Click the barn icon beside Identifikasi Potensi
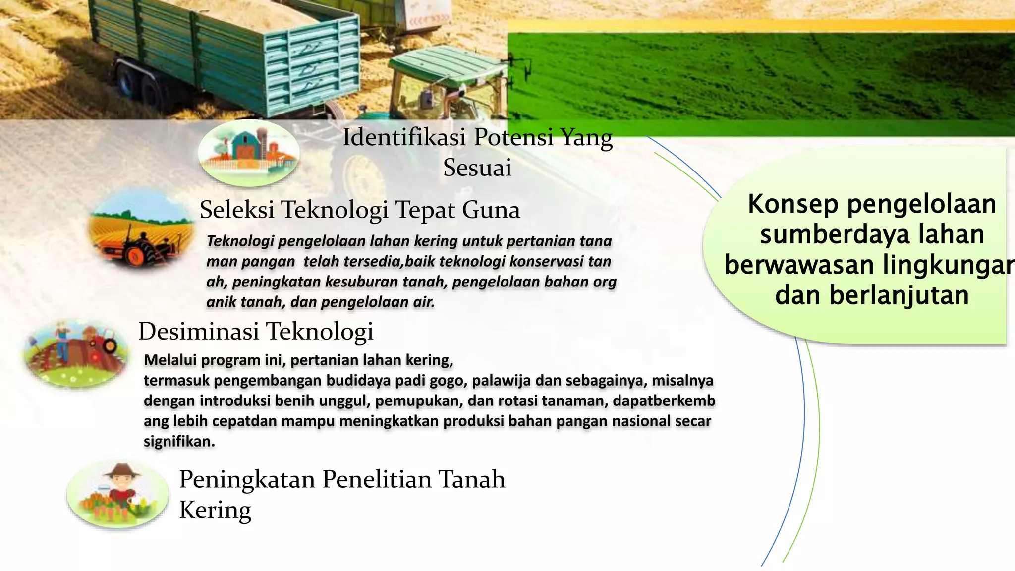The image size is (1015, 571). [x=248, y=153]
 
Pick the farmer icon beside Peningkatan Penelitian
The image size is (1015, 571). [x=118, y=494]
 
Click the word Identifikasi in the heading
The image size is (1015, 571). [x=404, y=137]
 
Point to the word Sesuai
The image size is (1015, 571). [x=477, y=168]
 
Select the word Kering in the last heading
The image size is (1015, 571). [x=215, y=510]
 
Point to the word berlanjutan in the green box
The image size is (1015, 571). [x=899, y=295]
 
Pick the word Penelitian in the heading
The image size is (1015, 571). [x=377, y=479]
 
